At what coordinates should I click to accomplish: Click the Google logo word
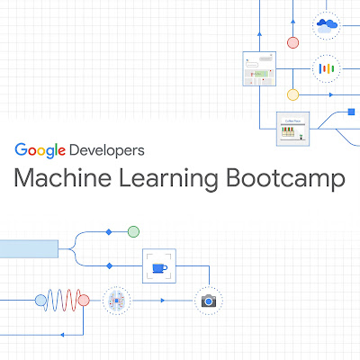[x=40, y=150]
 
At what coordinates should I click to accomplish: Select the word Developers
[x=107, y=150]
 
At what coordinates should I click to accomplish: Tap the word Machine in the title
[x=63, y=178]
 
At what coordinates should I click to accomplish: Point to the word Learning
[x=168, y=179]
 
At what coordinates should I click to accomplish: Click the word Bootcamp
[x=285, y=179]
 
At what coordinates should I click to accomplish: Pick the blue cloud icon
[x=327, y=25]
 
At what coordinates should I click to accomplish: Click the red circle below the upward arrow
[x=292, y=42]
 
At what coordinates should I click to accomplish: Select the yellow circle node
[x=292, y=94]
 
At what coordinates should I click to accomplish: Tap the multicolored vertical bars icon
[x=327, y=68]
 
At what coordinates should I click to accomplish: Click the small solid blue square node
[x=351, y=112]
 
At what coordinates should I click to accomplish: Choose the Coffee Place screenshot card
[x=292, y=129]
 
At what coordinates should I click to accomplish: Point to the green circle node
[x=133, y=231]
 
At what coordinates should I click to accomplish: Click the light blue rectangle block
[x=29, y=248]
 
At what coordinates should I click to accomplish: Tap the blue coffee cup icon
[x=159, y=268]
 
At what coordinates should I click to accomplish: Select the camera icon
[x=209, y=301]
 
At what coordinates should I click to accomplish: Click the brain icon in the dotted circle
[x=117, y=301]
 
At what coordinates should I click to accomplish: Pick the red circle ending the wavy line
[x=84, y=300]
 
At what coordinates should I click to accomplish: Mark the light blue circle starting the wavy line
[x=40, y=300]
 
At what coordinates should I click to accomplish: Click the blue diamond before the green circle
[x=109, y=232]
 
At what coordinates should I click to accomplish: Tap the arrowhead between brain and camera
[x=163, y=301]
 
